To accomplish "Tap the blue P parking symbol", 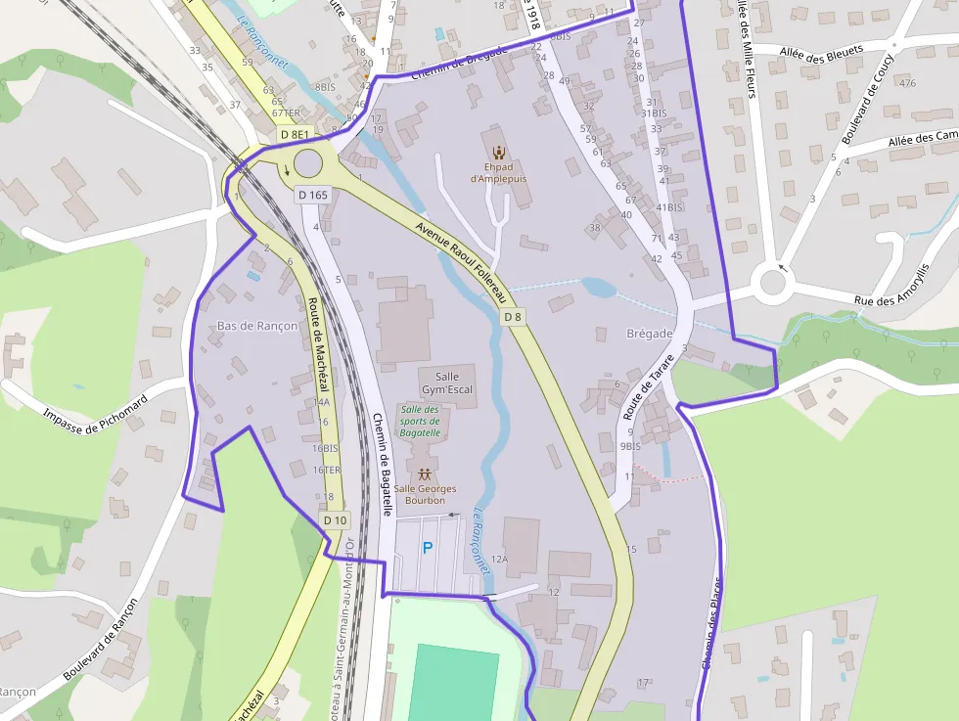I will [427, 549].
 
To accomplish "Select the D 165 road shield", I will [312, 195].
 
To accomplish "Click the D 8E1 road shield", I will [294, 134].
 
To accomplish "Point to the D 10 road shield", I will [335, 519].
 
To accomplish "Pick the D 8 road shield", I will [514, 317].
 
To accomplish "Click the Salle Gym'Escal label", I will [447, 383].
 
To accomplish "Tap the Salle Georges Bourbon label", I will [425, 494].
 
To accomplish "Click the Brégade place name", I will [649, 334].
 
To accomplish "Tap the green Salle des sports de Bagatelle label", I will [420, 421].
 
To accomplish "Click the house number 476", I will [907, 82].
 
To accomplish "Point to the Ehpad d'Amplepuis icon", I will [499, 152].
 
